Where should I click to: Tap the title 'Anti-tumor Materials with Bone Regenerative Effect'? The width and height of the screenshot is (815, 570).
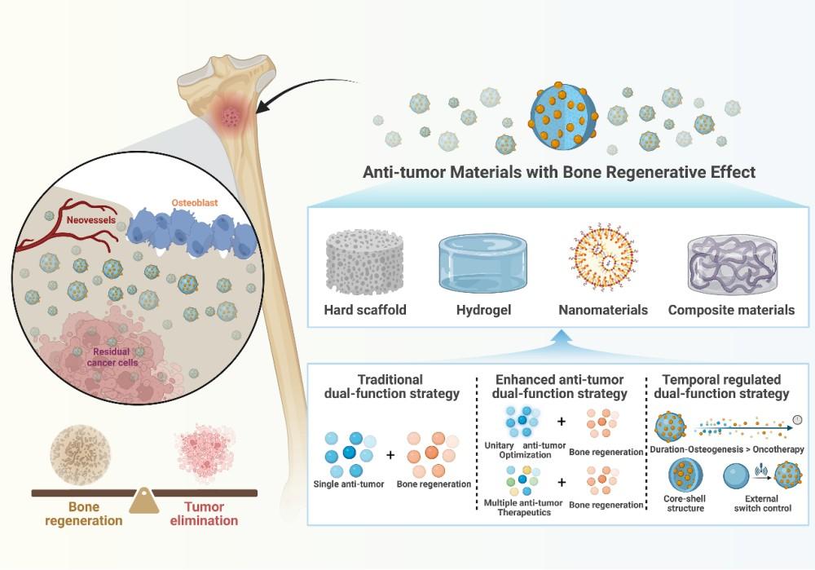click(x=560, y=173)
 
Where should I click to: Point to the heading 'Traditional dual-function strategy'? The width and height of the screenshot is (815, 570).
click(x=390, y=387)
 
